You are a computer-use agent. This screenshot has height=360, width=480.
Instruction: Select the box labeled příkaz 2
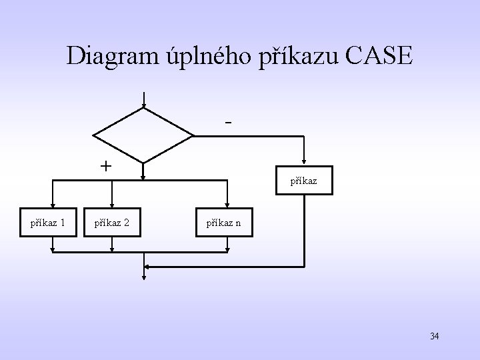click(x=111, y=222)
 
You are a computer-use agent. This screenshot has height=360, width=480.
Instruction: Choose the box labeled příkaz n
click(x=228, y=222)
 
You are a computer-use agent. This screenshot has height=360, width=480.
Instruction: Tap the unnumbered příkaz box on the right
click(x=303, y=181)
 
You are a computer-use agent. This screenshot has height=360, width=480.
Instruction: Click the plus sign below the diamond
click(x=105, y=166)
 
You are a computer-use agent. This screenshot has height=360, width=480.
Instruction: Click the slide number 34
click(x=434, y=336)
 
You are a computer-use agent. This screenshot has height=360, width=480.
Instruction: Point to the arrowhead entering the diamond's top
click(x=143, y=104)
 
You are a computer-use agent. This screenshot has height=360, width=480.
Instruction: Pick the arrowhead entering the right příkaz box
click(x=303, y=163)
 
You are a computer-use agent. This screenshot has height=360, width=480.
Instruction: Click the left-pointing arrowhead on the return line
click(x=148, y=266)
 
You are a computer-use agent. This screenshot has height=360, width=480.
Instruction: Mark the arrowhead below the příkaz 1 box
click(x=53, y=250)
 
